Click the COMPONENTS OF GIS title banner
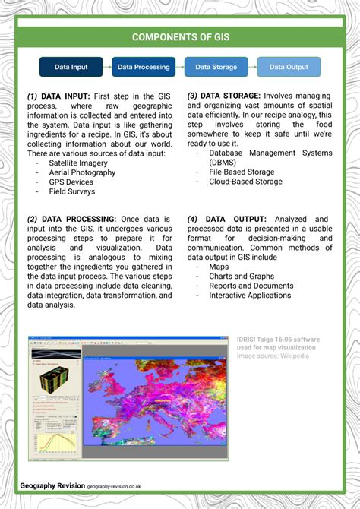coord(180,36)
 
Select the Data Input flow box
coord(71,67)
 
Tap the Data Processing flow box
coord(144,67)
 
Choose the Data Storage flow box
coord(216,67)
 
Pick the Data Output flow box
coord(289,67)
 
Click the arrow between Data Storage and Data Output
coord(252,67)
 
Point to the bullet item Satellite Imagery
coord(78,163)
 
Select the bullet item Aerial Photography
coord(82,172)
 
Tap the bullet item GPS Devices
coord(71,182)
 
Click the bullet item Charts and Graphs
coord(241,277)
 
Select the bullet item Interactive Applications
coord(249,296)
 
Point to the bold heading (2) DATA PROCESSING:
coord(72,219)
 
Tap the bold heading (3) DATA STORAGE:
coord(226,96)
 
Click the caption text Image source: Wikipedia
coord(272,356)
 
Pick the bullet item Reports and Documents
coord(251,286)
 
